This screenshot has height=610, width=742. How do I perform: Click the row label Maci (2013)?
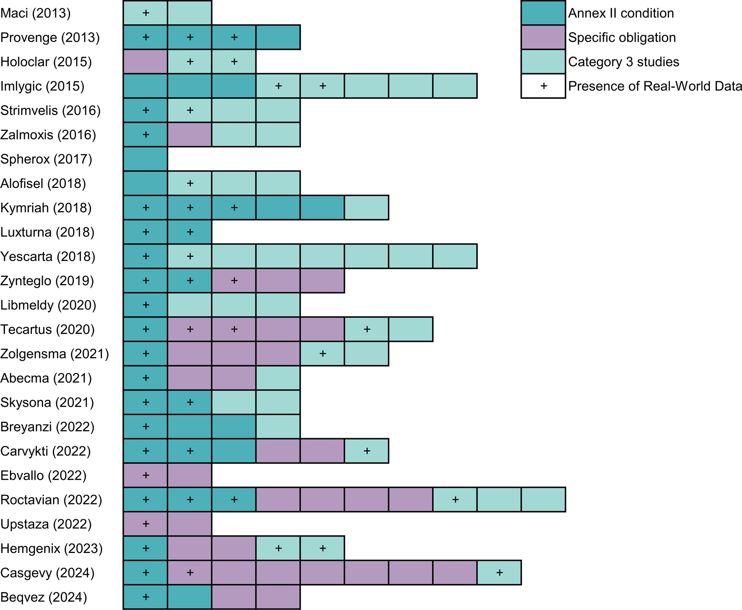pos(35,13)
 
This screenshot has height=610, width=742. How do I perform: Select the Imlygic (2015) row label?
pos(42,86)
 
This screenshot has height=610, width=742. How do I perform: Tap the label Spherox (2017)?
pos(46,159)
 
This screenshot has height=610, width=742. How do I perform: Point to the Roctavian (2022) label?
pos(51,500)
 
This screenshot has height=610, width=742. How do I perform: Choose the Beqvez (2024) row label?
pos(43,597)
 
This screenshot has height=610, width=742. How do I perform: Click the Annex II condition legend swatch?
pos(543,13)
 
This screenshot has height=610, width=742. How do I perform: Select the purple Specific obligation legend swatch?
pos(543,37)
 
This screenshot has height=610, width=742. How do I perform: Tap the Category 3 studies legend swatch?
pos(543,62)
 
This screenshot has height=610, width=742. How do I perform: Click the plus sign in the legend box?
pos(544,86)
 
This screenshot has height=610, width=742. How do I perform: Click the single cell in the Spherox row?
pos(145,159)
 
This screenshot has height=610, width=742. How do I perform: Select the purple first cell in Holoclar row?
pos(145,62)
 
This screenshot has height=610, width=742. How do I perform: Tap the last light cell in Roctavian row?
pos(543,500)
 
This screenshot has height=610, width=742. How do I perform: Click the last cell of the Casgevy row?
pos(499,573)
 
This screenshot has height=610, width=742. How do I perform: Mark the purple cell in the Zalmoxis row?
pos(190,135)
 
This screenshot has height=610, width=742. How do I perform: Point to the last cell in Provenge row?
pos(278,37)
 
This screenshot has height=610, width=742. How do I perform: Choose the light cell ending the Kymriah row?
pos(367,208)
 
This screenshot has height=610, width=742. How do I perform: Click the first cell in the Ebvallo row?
pos(145,475)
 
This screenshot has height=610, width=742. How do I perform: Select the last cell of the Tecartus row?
pos(411,330)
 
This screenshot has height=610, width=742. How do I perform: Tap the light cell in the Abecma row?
pos(278,378)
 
